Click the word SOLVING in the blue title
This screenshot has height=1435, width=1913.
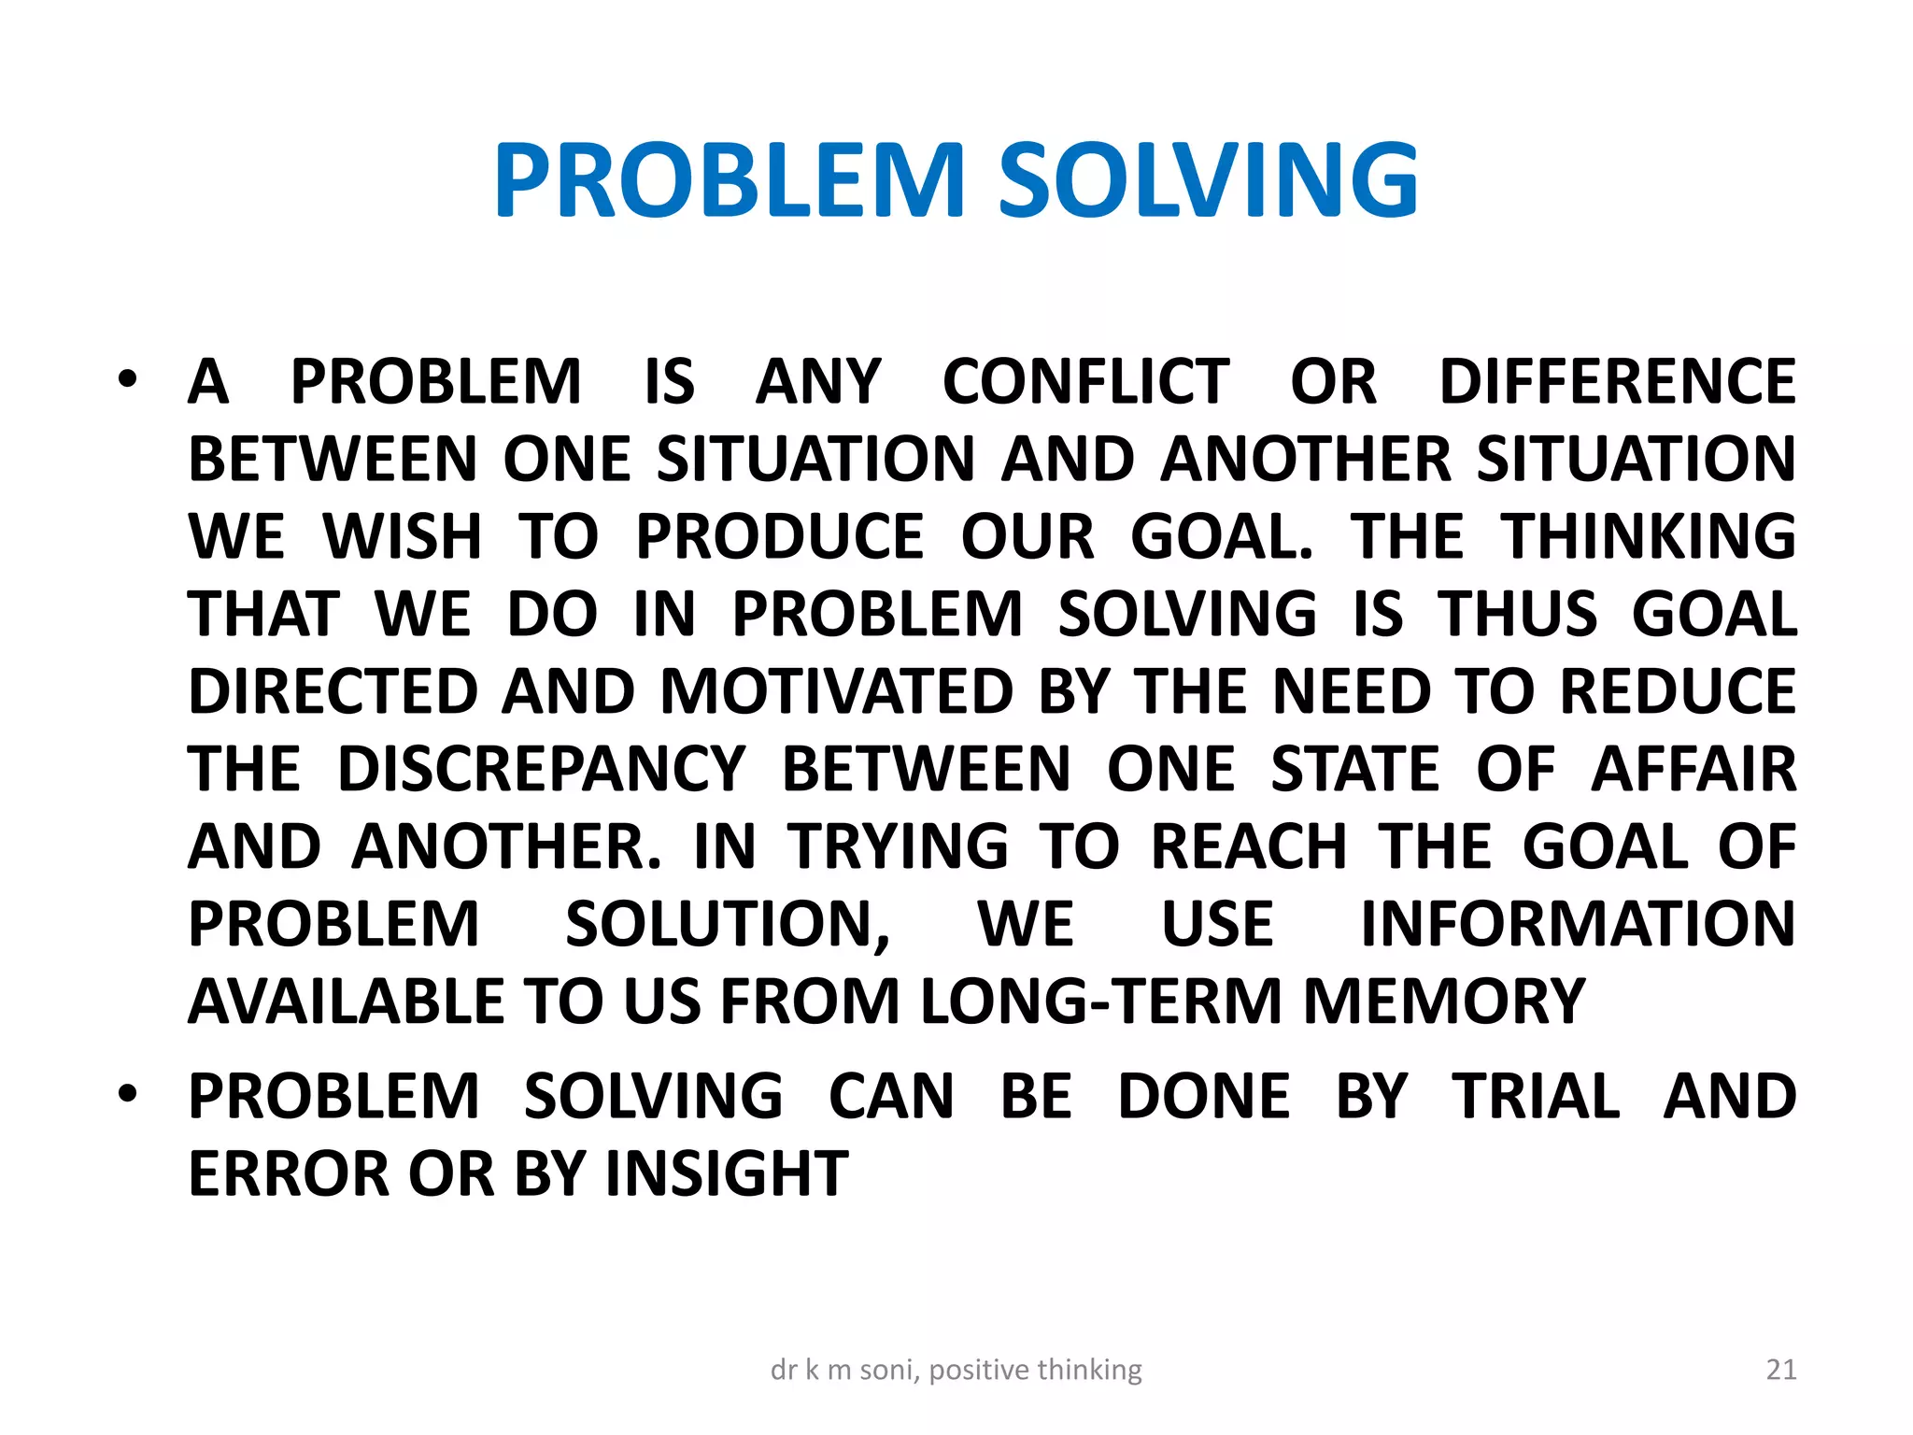tap(1209, 180)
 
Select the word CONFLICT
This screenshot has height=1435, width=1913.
tap(1086, 382)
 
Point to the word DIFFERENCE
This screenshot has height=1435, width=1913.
tap(1618, 382)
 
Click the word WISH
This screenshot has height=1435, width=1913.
tap(402, 537)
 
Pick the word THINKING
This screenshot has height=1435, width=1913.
tap(1649, 537)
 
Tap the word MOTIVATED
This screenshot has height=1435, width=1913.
tap(837, 692)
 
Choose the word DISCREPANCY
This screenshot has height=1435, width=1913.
tap(542, 770)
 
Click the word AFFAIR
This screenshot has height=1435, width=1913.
tap(1693, 770)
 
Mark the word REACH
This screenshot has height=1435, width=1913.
tap(1249, 847)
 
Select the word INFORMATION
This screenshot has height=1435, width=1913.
tap(1578, 925)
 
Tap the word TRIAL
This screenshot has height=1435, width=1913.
tap(1536, 1097)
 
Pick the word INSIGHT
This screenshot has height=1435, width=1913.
tap(727, 1174)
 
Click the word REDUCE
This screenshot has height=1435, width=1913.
tap(1678, 692)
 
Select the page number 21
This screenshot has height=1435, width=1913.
tap(1781, 1370)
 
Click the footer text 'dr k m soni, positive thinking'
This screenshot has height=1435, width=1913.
tap(956, 1370)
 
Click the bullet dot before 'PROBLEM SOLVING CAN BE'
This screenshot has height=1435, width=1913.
tap(128, 1094)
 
